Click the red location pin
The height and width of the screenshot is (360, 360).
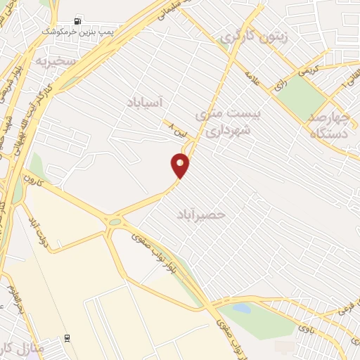[180, 165]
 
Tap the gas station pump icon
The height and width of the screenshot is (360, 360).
[77, 20]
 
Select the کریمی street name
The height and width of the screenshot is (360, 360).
[307, 68]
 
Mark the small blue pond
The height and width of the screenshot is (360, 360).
[241, 308]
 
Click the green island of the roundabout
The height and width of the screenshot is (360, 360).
[115, 222]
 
